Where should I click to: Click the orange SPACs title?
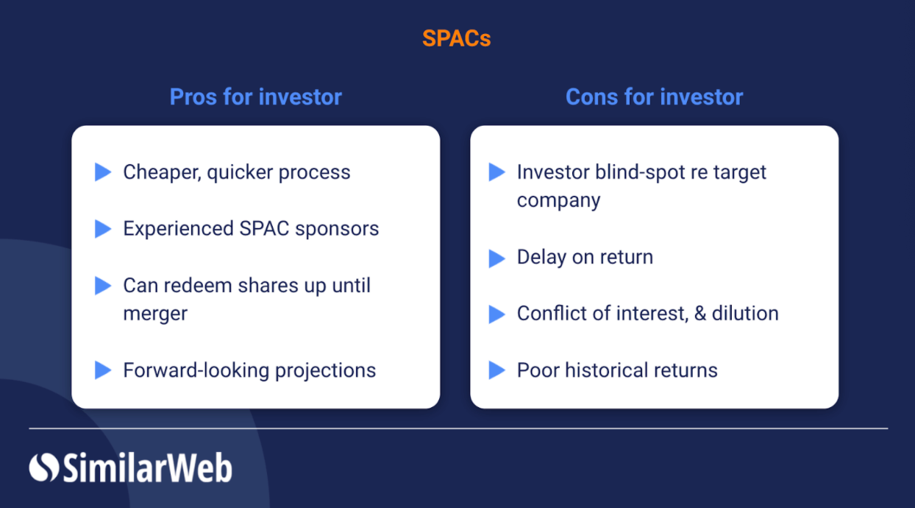456,38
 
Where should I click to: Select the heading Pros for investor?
255,96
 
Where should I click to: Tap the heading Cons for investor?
654,96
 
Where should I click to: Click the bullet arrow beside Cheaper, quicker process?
103,172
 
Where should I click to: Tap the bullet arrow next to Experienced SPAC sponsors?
103,229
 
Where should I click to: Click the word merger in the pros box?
155,314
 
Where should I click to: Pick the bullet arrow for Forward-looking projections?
103,370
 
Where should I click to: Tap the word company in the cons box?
558,200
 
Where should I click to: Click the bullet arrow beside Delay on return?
497,258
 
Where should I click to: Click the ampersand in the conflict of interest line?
699,314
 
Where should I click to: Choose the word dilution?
745,314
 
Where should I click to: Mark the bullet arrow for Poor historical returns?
497,370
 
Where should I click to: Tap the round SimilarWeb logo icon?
43,468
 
